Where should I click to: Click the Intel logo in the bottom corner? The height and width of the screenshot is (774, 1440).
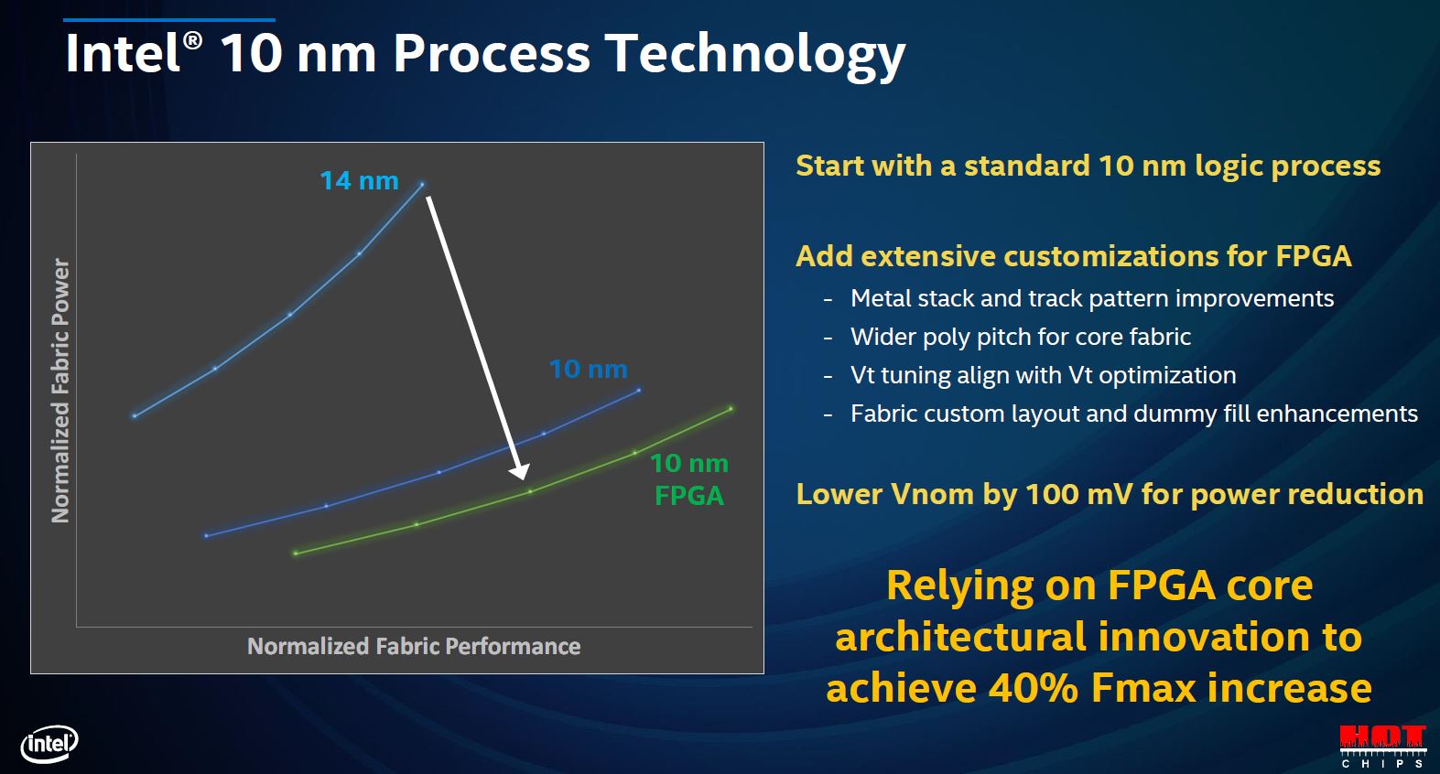click(x=49, y=745)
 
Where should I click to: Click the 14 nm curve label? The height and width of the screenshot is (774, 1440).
click(x=360, y=180)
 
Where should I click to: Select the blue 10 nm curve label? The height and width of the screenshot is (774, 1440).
click(x=589, y=369)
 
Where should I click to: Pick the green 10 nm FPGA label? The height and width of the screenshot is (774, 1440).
click(x=689, y=479)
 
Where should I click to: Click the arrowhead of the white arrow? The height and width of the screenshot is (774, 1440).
click(x=519, y=472)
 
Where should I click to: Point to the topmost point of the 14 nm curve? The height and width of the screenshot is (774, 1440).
click(x=422, y=184)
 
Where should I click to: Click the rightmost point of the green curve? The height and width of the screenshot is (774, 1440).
click(x=731, y=409)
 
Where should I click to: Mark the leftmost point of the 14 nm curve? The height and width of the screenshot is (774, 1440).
click(x=135, y=416)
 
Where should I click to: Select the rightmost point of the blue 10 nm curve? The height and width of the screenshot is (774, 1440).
click(x=639, y=390)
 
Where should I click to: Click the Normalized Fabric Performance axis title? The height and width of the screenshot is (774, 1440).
click(x=414, y=646)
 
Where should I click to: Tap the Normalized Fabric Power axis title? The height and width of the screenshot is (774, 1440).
click(x=60, y=391)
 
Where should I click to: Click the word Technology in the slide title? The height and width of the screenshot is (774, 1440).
click(x=756, y=55)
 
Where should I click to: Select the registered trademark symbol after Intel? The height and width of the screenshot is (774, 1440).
click(x=192, y=40)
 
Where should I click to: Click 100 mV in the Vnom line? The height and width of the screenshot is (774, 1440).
click(x=1077, y=495)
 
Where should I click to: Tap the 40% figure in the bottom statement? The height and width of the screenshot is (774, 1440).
click(x=1033, y=688)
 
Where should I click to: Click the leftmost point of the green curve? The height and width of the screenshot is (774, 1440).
click(x=296, y=553)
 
